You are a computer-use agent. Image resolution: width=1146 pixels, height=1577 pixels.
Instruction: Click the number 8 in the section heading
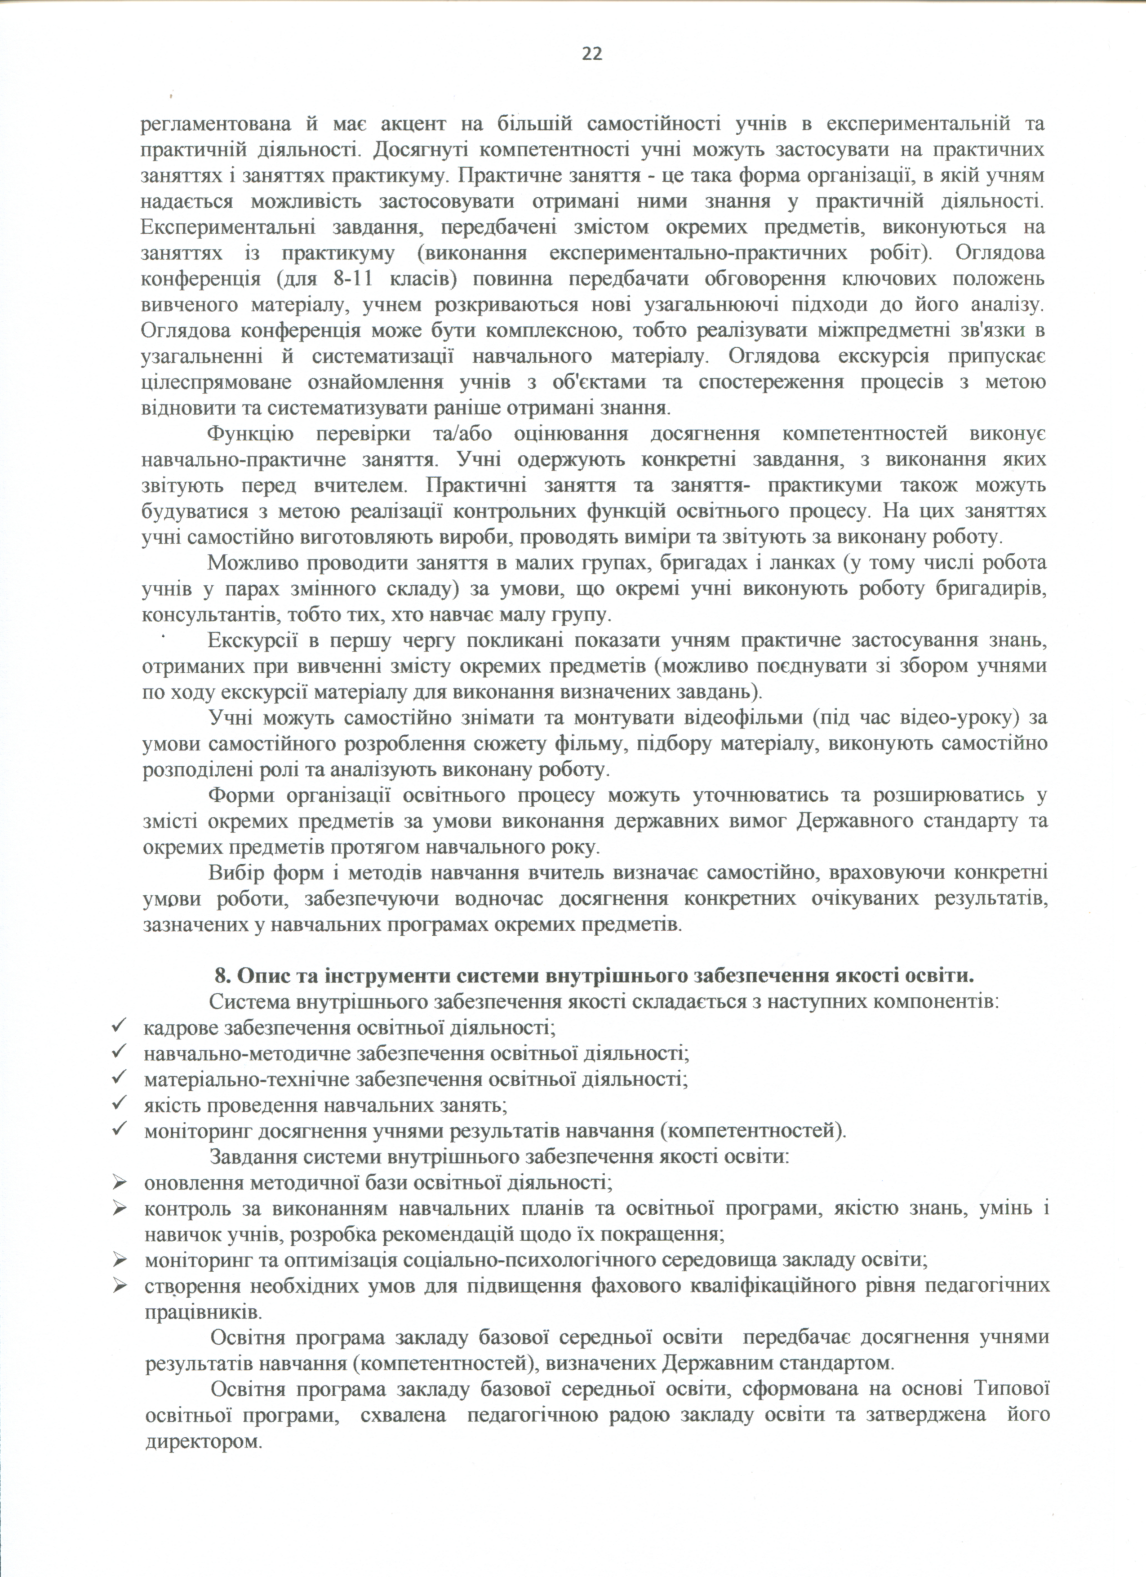click(221, 976)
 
